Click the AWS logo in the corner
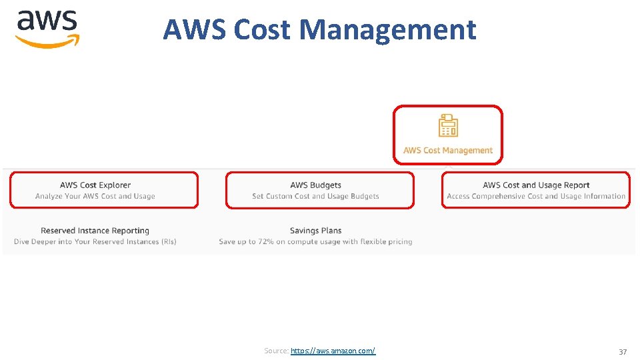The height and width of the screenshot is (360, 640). click(47, 29)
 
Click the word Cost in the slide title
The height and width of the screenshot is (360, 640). click(262, 29)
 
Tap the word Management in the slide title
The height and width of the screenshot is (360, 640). click(388, 29)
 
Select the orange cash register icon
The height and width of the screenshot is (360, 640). click(448, 125)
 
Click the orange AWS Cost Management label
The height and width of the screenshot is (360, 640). click(448, 151)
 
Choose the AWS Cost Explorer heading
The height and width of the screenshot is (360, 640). click(95, 185)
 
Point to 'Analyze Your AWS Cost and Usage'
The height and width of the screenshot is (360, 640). click(95, 197)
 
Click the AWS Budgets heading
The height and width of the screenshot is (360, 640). click(315, 185)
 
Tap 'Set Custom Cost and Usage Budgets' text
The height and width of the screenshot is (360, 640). click(315, 197)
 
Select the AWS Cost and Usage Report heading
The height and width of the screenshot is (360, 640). click(536, 185)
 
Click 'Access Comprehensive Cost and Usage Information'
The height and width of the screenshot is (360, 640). click(536, 197)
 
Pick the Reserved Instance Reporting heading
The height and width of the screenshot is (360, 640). click(95, 231)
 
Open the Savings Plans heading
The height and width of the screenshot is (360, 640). click(315, 231)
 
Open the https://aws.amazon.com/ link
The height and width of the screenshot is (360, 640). click(333, 351)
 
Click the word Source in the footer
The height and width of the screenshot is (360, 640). click(275, 351)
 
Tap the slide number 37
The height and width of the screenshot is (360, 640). click(623, 351)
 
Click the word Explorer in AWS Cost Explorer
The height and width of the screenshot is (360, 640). click(115, 185)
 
